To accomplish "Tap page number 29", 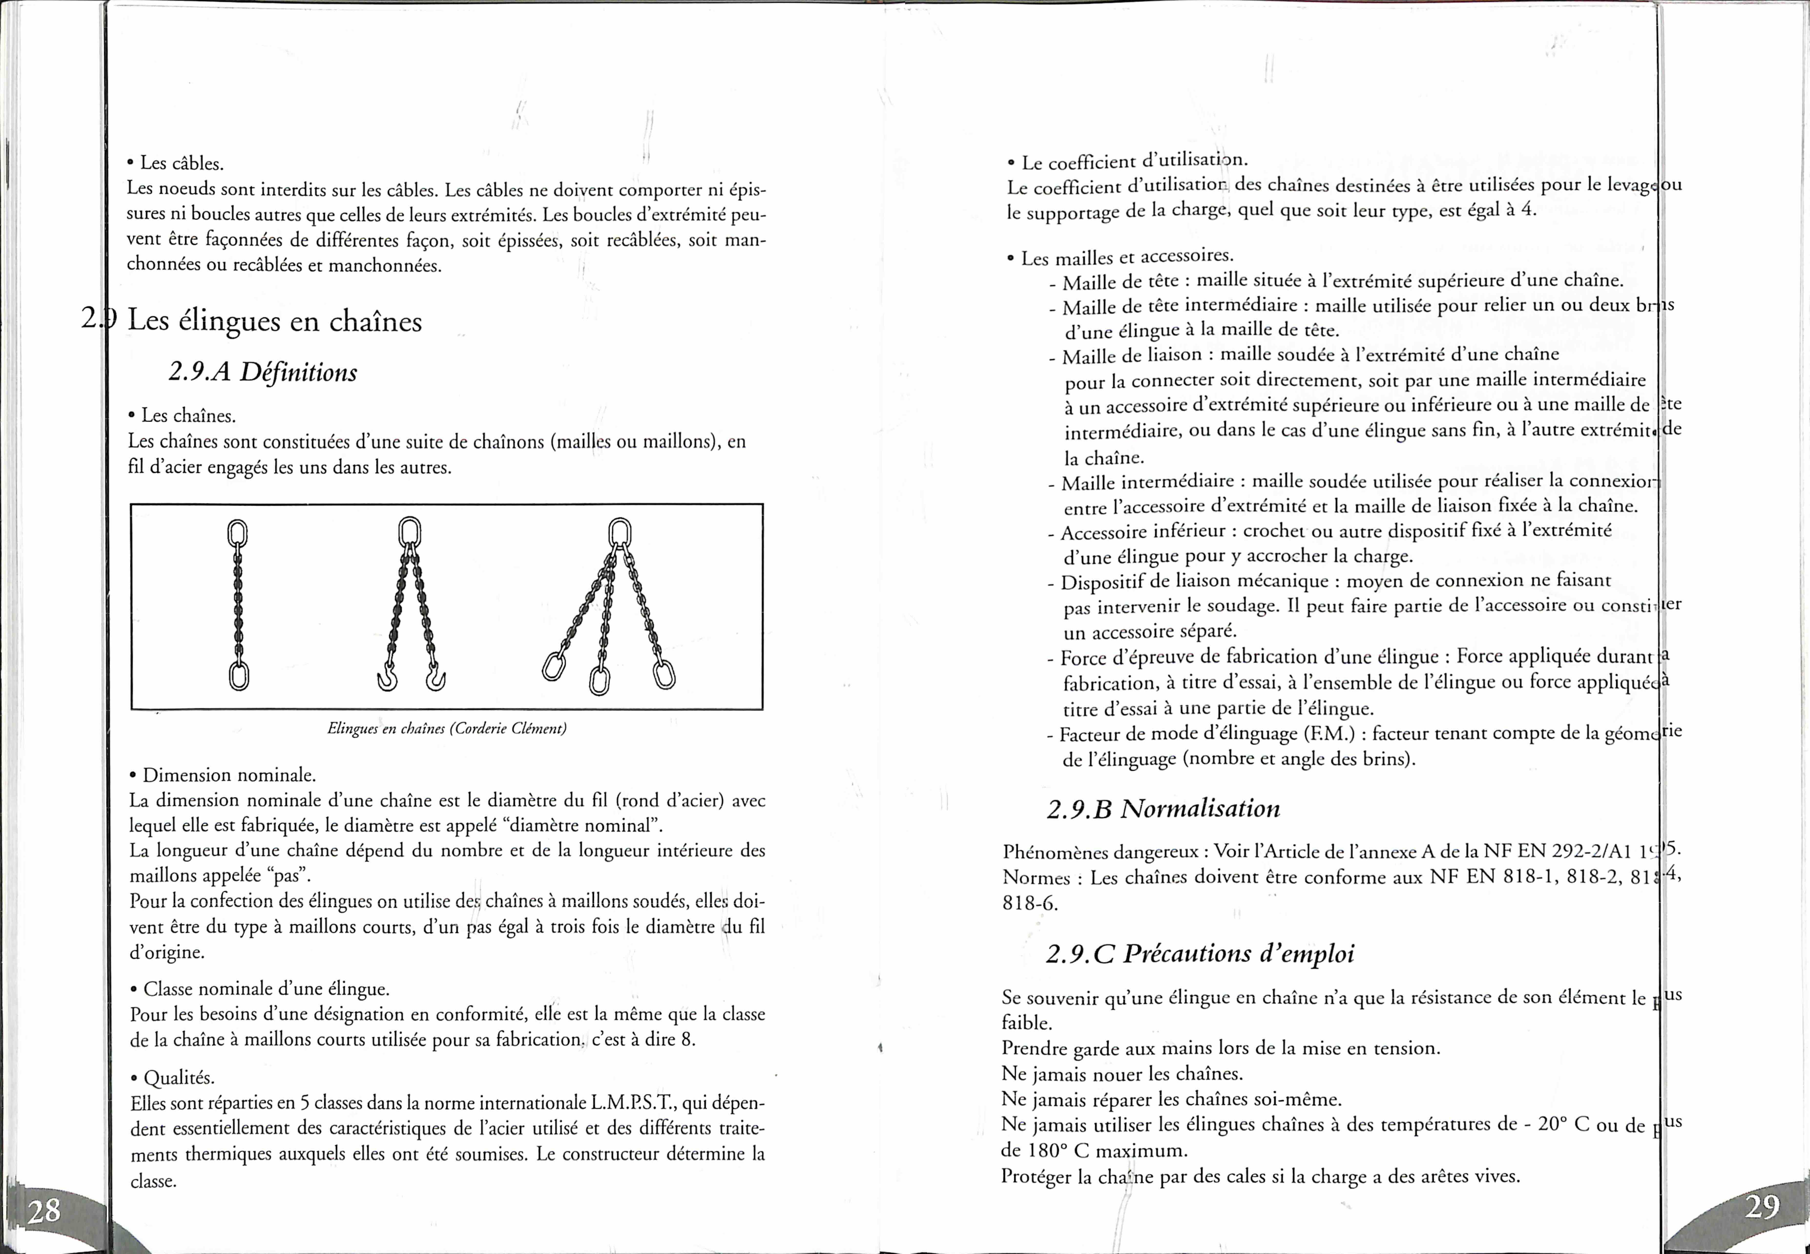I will pos(1762,1206).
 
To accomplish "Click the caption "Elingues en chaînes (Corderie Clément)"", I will pos(446,728).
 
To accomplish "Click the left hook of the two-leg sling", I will pos(387,677).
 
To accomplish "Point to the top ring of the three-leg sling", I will pos(620,533).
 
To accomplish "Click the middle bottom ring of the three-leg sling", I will pos(599,680).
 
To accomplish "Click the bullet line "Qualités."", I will pos(178,1077).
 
